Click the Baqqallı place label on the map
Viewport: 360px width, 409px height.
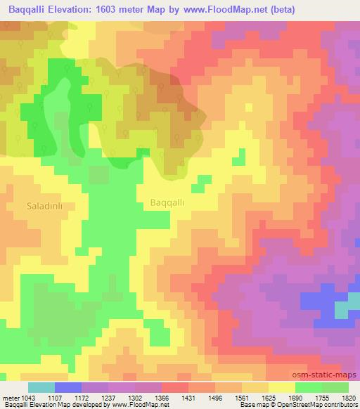point(167,202)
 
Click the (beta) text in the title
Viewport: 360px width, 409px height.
point(281,9)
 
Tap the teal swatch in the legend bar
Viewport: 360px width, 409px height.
point(41,387)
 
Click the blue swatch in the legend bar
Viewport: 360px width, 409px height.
point(67,387)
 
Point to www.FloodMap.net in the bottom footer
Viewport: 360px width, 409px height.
point(150,405)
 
